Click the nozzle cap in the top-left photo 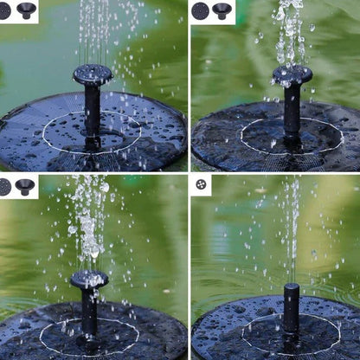pos(93,74)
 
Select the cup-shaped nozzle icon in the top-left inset pos(27,10)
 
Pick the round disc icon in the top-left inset pos(6,10)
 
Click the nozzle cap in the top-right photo pos(292,76)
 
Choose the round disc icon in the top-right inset pos(201,11)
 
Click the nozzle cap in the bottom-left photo pos(90,280)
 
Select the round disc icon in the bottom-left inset pos(5,187)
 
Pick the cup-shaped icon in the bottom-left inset pos(24,187)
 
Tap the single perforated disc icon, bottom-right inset pos(201,184)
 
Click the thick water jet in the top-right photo pos(288,35)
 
